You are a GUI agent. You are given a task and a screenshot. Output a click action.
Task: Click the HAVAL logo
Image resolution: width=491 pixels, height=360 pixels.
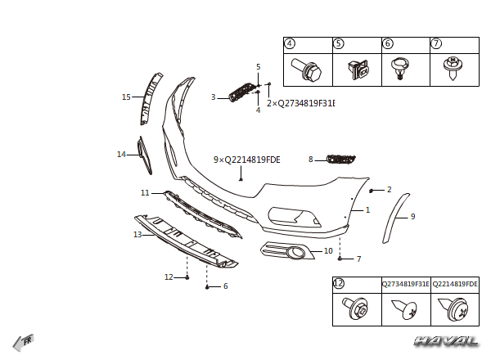tap(446, 340)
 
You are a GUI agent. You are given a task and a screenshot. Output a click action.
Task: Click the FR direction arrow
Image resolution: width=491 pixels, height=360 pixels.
tap(23, 341)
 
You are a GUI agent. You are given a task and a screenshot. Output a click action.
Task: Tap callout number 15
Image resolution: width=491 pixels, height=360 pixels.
tap(126, 97)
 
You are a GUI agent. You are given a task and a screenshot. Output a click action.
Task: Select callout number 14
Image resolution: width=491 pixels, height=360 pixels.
tap(121, 154)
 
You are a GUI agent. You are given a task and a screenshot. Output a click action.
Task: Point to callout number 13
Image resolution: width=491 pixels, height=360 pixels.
tap(137, 235)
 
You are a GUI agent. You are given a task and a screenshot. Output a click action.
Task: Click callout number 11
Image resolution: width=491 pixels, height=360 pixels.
tap(145, 193)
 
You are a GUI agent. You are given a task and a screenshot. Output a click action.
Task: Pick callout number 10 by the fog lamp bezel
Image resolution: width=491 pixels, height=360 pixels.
tap(328, 251)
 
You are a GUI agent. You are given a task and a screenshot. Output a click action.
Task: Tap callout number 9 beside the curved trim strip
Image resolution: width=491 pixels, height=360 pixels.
tap(412, 217)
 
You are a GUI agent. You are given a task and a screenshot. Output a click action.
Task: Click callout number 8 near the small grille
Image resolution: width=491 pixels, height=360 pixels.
tap(311, 160)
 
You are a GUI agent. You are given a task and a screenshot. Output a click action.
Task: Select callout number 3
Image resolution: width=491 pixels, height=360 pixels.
tap(213, 97)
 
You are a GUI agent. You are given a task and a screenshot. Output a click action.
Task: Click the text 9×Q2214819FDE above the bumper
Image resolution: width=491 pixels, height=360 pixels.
tap(246, 160)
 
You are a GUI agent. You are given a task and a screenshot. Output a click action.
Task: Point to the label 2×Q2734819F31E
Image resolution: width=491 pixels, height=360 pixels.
tap(300, 104)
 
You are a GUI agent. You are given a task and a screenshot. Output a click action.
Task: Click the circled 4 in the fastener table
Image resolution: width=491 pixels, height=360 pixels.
tap(290, 43)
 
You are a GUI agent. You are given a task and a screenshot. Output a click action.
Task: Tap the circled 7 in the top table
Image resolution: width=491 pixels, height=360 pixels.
tap(436, 43)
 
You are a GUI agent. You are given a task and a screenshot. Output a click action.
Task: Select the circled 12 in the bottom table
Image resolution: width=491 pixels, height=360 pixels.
tap(339, 283)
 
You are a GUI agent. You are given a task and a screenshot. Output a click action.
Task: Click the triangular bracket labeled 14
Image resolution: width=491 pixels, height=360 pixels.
tap(144, 155)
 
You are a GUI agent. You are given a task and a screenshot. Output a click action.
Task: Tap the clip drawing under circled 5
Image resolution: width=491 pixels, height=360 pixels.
tap(356, 70)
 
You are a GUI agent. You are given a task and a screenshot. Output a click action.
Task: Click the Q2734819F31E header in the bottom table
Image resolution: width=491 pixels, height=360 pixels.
tap(405, 284)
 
